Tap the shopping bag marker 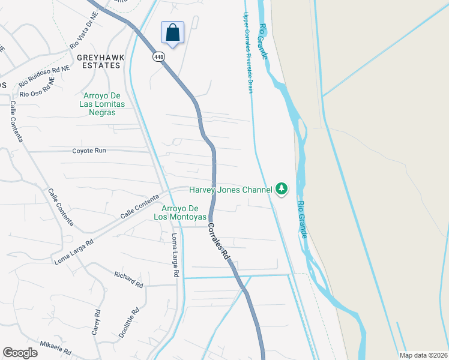pos(172,32)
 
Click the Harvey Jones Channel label pos(231,190)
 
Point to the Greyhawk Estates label pos(100,61)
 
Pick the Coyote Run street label pos(89,151)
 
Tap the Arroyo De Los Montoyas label pos(180,212)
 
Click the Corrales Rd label pos(219,241)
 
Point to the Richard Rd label pos(128,280)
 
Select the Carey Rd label pos(96,322)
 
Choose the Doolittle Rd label pos(128,323)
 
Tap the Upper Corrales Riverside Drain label pos(248,53)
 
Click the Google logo pos(20,353)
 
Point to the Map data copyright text pos(423,355)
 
